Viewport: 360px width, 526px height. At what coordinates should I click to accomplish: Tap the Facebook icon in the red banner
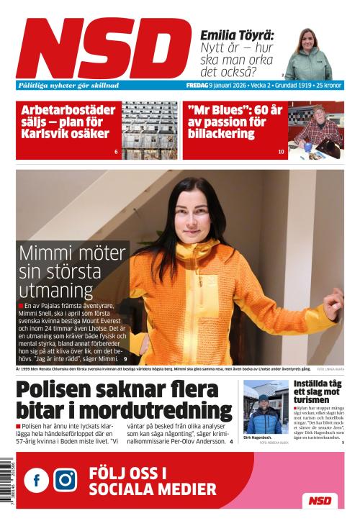pyautogui.click(x=37, y=480)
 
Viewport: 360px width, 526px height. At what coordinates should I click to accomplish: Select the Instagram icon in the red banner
pyautogui.click(x=65, y=480)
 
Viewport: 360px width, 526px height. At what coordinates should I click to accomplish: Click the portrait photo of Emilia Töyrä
pyautogui.click(x=310, y=54)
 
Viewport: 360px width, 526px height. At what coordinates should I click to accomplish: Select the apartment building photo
pyautogui.click(x=149, y=130)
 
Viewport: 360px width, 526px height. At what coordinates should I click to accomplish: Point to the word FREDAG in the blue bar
pyautogui.click(x=197, y=85)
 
